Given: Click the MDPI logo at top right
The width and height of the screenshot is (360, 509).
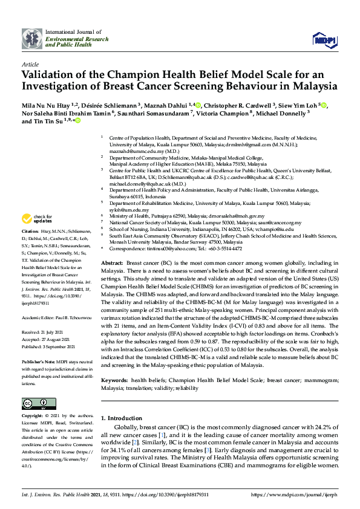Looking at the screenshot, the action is (324, 40).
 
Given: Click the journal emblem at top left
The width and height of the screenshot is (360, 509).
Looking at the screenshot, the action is (31, 38).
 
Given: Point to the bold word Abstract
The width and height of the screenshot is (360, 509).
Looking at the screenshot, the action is (111, 264).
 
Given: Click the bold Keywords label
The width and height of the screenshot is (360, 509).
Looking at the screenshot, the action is (114, 380).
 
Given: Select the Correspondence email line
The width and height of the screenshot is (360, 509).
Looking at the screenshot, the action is (175, 248).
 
